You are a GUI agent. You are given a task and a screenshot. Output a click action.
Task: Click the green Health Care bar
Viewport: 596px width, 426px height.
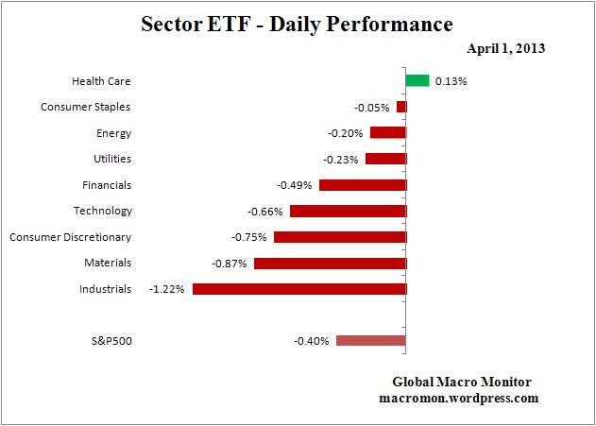pyautogui.click(x=417, y=81)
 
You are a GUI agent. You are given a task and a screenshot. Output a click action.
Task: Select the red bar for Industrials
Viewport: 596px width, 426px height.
pyautogui.click(x=298, y=288)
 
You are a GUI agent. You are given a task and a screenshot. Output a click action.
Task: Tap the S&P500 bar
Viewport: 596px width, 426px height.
pyautogui.click(x=370, y=341)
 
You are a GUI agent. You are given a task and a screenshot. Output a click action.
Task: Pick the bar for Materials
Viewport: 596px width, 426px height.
pyautogui.click(x=330, y=263)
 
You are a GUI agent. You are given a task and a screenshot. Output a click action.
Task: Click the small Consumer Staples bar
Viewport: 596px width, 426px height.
pyautogui.click(x=401, y=107)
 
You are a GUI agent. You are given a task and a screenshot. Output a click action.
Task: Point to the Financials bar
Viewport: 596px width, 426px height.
pyautogui.click(x=362, y=185)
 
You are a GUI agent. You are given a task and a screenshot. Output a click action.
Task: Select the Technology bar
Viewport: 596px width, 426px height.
pyautogui.click(x=348, y=211)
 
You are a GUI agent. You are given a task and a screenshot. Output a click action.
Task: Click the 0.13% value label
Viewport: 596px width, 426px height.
pyautogui.click(x=451, y=81)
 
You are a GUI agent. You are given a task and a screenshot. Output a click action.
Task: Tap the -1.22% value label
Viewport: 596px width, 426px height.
pyautogui.click(x=167, y=289)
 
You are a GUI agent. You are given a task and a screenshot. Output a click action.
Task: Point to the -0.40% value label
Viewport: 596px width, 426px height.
pyautogui.click(x=311, y=341)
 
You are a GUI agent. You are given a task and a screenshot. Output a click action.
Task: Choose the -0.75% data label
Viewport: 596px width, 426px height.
pyautogui.click(x=248, y=237)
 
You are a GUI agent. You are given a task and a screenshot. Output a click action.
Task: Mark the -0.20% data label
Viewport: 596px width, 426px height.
pyautogui.click(x=345, y=133)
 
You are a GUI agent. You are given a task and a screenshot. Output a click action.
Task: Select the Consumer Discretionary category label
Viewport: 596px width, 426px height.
pyautogui.click(x=70, y=237)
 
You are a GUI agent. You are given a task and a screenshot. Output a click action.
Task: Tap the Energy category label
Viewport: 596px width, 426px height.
pyautogui.click(x=114, y=133)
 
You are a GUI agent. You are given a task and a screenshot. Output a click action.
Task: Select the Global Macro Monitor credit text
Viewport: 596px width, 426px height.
pyautogui.click(x=462, y=383)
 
